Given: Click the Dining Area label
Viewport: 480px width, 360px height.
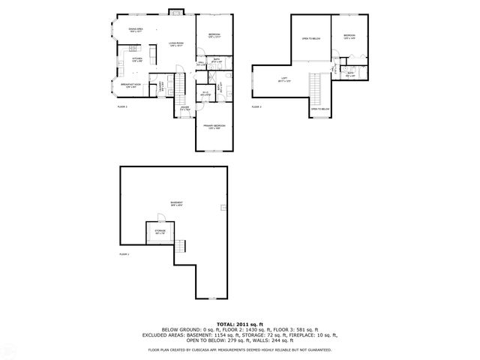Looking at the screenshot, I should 136,31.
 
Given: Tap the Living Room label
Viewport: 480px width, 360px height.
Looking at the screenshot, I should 176,44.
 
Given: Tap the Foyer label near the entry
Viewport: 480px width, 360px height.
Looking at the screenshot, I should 184,107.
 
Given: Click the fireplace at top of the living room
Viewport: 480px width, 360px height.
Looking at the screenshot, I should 175,11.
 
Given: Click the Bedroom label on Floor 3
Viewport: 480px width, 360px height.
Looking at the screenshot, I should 349,36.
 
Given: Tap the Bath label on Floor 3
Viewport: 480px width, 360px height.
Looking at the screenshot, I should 349,73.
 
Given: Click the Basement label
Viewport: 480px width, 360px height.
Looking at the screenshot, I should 175,203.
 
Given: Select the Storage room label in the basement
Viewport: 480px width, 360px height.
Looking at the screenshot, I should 160,232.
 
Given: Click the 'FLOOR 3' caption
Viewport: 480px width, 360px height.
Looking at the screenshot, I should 256,107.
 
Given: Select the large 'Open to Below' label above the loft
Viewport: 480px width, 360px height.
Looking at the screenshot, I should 310,39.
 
